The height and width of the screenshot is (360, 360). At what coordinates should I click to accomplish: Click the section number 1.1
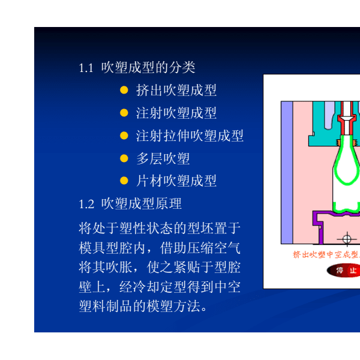coord(86,68)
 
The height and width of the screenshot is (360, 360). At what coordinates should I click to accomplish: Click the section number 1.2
coord(86,204)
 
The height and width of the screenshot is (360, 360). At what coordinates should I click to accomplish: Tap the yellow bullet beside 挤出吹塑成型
coord(124,90)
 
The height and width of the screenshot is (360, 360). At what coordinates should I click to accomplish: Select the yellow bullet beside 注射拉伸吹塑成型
coord(124,136)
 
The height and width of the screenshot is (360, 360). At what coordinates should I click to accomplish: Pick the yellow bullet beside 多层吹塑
coord(124,158)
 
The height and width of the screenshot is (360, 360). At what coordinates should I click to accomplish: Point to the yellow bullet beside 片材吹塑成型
coord(124,181)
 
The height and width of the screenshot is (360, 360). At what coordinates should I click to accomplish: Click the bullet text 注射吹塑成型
coord(176,113)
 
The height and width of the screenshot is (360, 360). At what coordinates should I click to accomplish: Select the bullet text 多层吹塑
coord(163,158)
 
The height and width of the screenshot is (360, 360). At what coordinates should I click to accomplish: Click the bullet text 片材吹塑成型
coord(176,181)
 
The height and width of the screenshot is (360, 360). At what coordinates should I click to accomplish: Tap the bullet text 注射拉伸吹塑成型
coord(190,136)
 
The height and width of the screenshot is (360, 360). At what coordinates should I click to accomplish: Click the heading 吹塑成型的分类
coord(148,67)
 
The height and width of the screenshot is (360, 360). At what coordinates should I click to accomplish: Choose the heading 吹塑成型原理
coord(142,203)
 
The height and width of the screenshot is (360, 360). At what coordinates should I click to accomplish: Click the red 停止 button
coord(343,270)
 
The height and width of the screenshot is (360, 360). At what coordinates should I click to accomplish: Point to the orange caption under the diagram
coord(326,254)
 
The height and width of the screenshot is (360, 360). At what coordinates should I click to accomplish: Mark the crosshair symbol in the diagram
coord(347,239)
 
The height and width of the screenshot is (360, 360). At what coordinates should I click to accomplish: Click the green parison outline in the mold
coord(334,170)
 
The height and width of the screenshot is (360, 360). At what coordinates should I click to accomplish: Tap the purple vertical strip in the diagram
coord(287,172)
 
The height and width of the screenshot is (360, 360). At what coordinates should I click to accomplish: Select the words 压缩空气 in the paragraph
coord(214,248)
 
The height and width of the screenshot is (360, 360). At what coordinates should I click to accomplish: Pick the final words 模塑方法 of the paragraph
coord(173,306)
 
